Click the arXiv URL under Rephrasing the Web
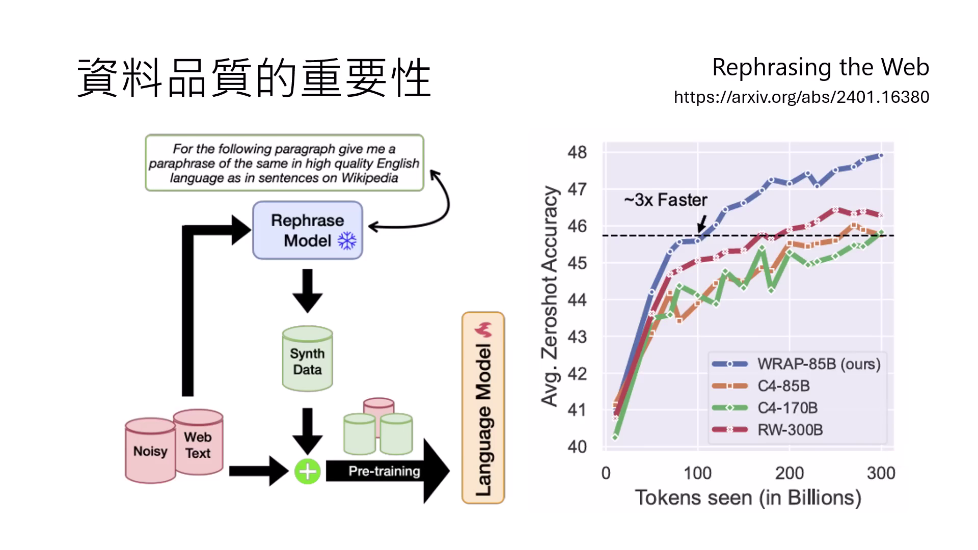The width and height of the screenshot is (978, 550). pyautogui.click(x=801, y=97)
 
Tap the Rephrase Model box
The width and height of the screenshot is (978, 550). pyautogui.click(x=307, y=230)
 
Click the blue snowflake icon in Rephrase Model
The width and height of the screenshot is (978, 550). pyautogui.click(x=347, y=241)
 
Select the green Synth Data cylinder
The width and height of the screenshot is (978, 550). pyautogui.click(x=307, y=359)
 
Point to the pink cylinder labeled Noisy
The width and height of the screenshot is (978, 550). pyautogui.click(x=150, y=451)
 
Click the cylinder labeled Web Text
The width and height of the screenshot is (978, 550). pyautogui.click(x=198, y=444)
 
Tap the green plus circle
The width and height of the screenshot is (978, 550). pyautogui.click(x=307, y=472)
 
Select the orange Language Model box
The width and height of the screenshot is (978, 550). pyautogui.click(x=483, y=408)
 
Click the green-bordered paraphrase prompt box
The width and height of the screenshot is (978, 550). pyautogui.click(x=284, y=163)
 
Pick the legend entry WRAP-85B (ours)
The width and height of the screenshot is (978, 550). pyautogui.click(x=818, y=364)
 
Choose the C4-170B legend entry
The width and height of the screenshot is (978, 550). pyautogui.click(x=787, y=408)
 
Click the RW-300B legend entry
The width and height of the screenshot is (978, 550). pyautogui.click(x=790, y=430)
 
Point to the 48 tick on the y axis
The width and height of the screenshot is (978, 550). pyautogui.click(x=577, y=152)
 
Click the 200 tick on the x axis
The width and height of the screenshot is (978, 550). pyautogui.click(x=789, y=473)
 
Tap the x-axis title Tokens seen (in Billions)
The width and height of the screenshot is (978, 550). pyautogui.click(x=748, y=498)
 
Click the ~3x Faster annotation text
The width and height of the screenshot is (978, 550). pyautogui.click(x=665, y=200)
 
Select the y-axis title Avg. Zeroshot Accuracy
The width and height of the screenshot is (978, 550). pyautogui.click(x=550, y=296)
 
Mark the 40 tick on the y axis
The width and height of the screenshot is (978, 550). pyautogui.click(x=577, y=447)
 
